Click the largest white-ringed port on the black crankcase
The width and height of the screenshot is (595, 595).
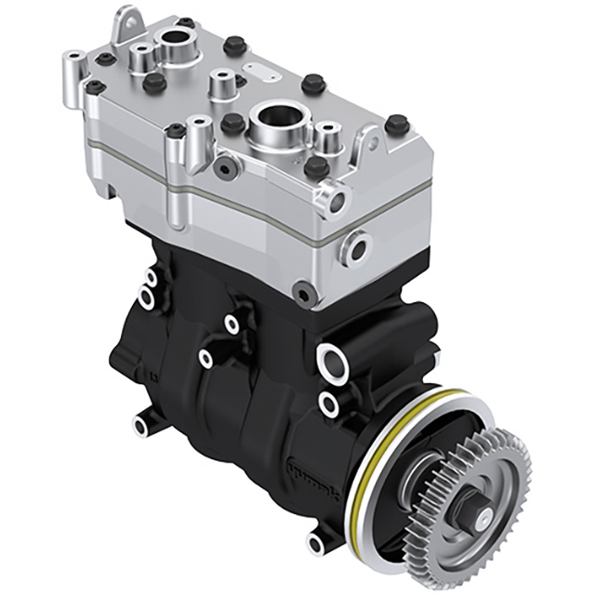[332, 357]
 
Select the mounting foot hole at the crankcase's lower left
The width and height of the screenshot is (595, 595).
[141, 427]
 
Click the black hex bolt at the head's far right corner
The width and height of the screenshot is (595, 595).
[397, 125]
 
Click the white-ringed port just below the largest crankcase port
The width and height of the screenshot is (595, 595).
[328, 402]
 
